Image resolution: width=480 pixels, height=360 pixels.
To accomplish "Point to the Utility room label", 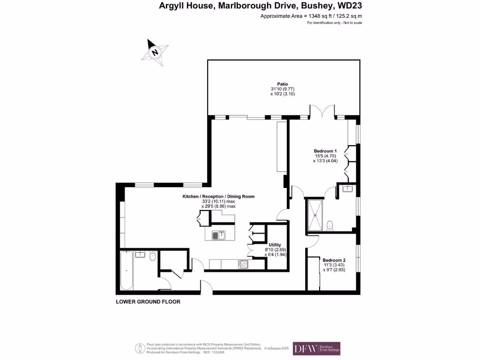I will point(275,245).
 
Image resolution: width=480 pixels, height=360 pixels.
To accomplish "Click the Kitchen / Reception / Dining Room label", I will point(218,196).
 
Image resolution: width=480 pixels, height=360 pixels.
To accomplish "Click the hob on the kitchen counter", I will point(244,264).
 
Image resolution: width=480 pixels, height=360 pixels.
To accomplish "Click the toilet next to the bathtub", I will point(153,256).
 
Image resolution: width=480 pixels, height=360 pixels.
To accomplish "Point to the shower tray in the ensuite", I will point(315,215).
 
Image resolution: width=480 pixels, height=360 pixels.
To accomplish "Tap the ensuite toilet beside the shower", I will point(330,225).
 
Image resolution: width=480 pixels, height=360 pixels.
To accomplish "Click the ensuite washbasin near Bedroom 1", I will point(347,189).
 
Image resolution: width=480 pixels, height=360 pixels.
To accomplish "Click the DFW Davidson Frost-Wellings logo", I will point(316,348).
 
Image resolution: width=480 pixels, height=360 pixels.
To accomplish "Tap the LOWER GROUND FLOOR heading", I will point(148,302).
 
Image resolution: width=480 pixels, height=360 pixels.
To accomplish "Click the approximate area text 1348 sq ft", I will point(311,16).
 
